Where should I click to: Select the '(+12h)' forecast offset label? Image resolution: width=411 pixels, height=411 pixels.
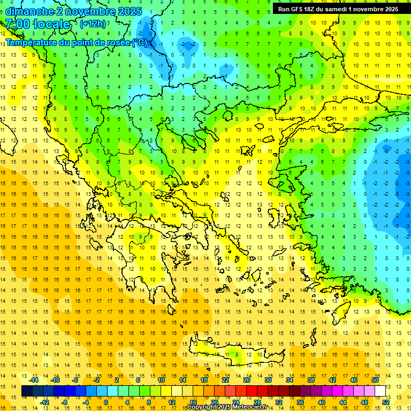(93, 24)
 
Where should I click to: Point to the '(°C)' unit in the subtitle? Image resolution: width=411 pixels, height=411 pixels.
(139, 42)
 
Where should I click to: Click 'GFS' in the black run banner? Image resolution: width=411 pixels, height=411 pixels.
(295, 9)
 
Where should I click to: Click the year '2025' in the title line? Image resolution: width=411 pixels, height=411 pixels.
(128, 11)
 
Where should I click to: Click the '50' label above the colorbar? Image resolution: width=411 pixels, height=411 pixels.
(375, 379)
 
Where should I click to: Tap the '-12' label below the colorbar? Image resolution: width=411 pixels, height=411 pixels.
(45, 402)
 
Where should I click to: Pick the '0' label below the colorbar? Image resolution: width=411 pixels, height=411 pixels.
(105, 402)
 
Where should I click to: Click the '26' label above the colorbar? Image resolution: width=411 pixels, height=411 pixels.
(247, 379)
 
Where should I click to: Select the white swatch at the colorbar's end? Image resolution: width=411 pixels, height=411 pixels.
(380, 391)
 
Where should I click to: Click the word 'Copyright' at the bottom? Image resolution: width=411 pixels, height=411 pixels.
(202, 407)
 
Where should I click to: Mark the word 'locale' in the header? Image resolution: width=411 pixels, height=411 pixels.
(51, 24)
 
